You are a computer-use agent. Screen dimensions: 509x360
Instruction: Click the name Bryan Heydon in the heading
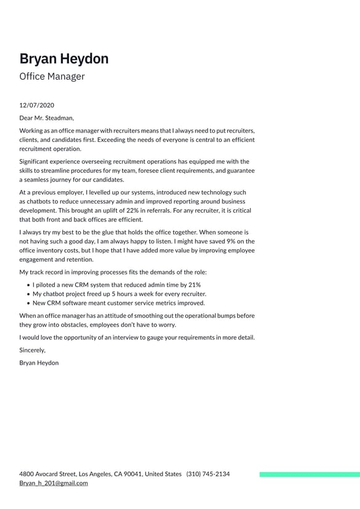point(63,59)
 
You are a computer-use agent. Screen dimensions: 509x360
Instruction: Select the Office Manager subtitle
point(52,77)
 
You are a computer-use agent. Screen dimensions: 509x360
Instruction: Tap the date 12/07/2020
point(36,106)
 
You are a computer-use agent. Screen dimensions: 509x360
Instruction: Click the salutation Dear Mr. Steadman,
point(46,118)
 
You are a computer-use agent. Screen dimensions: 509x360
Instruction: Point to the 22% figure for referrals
point(133,210)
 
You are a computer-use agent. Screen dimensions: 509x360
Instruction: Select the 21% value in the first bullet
point(194,285)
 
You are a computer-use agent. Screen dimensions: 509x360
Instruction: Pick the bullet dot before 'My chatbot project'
point(29,294)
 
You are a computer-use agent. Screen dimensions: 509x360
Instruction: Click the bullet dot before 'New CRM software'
point(29,304)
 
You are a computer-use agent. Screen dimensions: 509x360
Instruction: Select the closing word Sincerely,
point(32,350)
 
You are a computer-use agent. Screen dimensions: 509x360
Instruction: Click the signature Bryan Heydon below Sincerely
point(39,363)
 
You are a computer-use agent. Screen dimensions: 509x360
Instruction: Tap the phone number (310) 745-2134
point(208,474)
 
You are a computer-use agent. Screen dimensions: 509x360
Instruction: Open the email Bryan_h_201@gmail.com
point(53,483)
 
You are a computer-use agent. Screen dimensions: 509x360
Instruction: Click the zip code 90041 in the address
point(133,474)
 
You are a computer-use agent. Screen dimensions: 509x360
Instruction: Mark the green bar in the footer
point(309,474)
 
